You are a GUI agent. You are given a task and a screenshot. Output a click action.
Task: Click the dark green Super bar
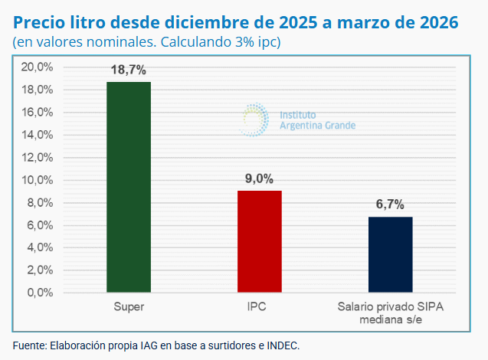coord(129,187)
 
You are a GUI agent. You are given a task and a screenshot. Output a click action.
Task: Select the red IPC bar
coord(259,241)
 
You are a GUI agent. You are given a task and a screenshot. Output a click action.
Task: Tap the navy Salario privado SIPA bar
coord(390,254)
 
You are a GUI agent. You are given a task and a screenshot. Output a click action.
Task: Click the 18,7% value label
coord(129,70)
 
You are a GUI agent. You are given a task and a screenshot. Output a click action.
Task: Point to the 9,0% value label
coord(259,178)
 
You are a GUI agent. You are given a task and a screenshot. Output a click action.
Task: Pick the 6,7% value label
coord(390,205)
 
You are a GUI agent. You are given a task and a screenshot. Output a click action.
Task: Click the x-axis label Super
coord(129,307)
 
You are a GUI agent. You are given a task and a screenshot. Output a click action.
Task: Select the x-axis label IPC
coord(259,307)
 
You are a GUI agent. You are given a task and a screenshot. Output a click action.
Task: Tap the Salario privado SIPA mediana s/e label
coord(390,313)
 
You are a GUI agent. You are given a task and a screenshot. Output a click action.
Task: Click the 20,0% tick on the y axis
coord(37,67)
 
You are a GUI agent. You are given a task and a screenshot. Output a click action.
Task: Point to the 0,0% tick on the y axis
coord(40,293)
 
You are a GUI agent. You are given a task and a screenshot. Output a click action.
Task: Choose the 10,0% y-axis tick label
coord(37,180)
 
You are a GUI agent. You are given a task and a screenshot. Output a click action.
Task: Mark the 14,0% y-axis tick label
coord(37,135)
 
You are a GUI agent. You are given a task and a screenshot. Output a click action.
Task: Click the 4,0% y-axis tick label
coord(40,247)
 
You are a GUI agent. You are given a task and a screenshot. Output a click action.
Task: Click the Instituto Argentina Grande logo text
coord(317,119)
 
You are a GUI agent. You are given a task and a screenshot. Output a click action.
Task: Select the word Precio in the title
coord(38,22)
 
